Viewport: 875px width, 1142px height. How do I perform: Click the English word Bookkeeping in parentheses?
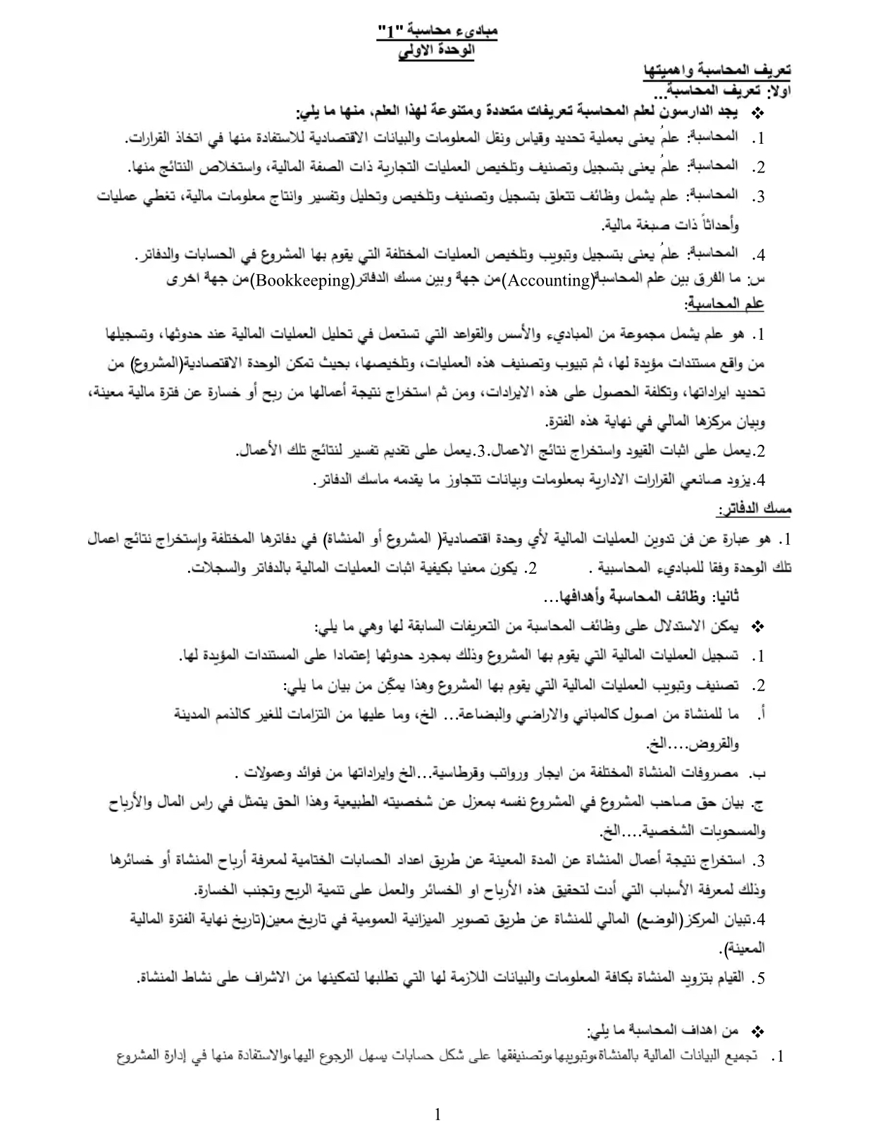304,281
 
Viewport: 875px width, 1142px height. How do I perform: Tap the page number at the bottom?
437,1115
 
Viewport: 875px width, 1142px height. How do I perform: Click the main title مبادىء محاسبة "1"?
437,32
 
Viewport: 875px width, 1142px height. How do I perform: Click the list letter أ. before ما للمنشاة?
759,715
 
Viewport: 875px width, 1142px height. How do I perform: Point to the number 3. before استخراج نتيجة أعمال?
758,861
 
